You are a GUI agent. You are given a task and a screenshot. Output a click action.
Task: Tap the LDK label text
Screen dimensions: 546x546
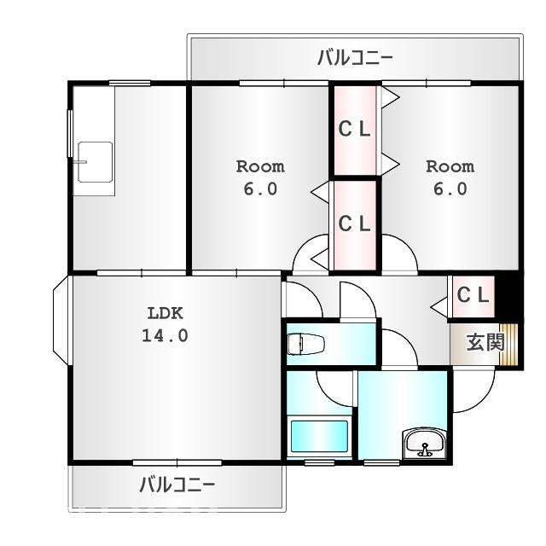coord(165,312)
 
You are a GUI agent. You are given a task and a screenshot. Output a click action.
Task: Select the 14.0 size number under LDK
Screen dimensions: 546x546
coord(165,335)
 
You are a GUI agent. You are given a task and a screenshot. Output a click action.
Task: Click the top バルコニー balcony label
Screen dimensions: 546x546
coord(355,58)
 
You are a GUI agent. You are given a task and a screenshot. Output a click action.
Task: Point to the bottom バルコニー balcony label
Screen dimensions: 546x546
coord(177,485)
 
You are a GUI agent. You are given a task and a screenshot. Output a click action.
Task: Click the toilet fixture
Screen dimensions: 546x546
coord(305,345)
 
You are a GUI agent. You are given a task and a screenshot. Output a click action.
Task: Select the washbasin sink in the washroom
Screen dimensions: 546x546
coord(423,444)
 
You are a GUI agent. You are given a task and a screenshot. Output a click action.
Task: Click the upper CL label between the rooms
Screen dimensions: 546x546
coord(355,130)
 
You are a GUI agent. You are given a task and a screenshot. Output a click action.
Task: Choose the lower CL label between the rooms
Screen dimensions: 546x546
coord(355,224)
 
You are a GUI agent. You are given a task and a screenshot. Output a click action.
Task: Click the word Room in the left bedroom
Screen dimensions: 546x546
coord(260,166)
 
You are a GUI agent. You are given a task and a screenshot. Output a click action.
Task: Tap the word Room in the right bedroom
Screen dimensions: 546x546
coord(450,166)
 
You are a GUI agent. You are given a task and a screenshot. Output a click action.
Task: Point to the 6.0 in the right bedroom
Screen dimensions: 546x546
coord(450,189)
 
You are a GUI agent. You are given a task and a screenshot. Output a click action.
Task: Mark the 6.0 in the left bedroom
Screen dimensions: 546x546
coord(260,189)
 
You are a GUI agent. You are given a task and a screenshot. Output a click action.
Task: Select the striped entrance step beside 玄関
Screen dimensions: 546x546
coord(511,345)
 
